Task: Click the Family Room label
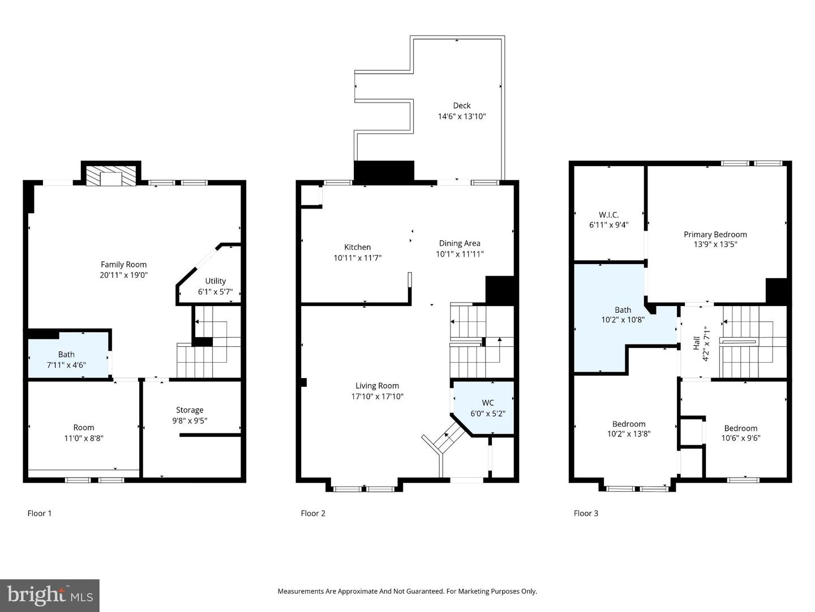tap(123, 265)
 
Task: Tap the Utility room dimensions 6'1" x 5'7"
tap(215, 292)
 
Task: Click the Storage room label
tap(190, 410)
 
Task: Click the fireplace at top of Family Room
tap(111, 176)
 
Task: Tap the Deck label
tap(462, 105)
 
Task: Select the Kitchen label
tap(358, 247)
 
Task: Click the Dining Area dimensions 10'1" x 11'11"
tap(460, 254)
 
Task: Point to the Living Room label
tap(377, 386)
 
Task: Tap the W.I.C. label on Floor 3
tap(608, 215)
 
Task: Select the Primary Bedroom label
tap(715, 235)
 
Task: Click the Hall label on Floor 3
tap(696, 343)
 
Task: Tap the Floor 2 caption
tap(313, 513)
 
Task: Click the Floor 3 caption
tap(586, 513)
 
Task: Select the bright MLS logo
tap(50, 595)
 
